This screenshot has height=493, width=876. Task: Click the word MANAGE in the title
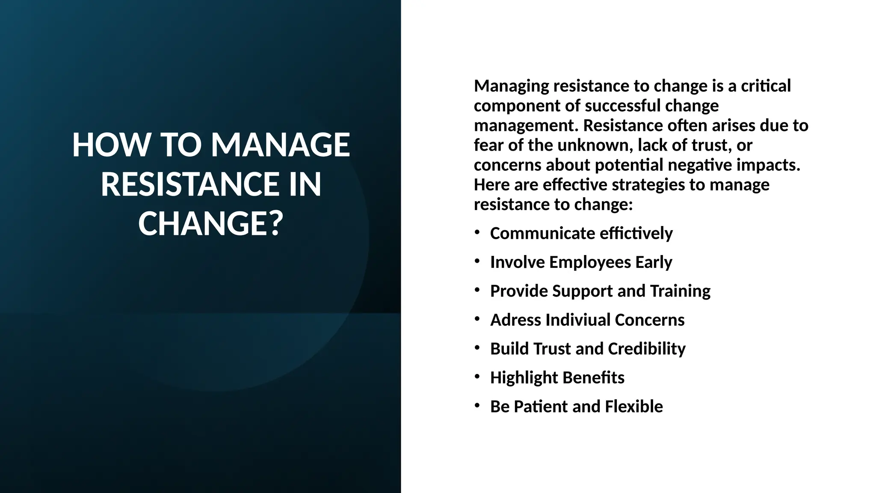tap(281, 145)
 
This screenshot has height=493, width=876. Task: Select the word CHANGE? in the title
tap(211, 224)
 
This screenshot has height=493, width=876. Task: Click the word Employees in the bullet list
tap(590, 262)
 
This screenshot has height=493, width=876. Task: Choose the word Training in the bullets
tap(680, 291)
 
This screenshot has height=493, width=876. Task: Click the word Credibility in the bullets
tap(646, 349)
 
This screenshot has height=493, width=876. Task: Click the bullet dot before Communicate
tap(477, 232)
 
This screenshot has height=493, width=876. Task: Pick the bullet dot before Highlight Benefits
tap(477, 377)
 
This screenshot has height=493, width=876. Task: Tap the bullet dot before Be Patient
tap(477, 405)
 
